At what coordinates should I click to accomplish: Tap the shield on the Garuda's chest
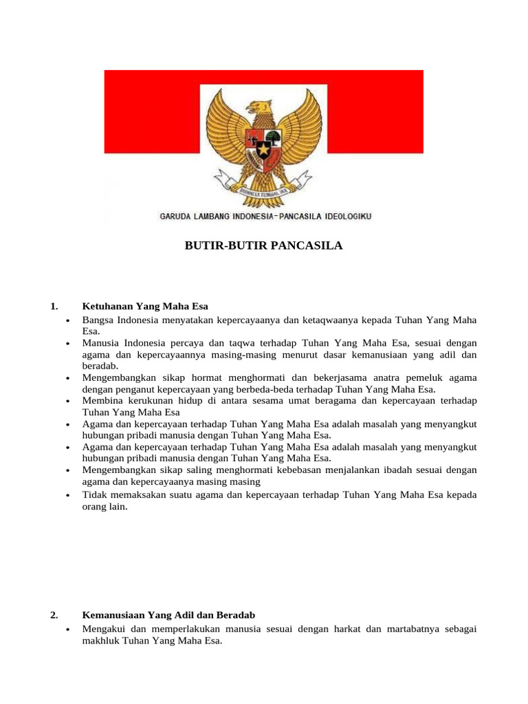coord(264,145)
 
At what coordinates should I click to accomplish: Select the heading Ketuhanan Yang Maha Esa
coord(145,306)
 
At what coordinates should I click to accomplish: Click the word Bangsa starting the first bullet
coord(98,320)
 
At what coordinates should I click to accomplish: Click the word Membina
coord(102,400)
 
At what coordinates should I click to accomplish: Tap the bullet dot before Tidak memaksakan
coord(67,494)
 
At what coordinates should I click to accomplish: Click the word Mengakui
coord(102,628)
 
